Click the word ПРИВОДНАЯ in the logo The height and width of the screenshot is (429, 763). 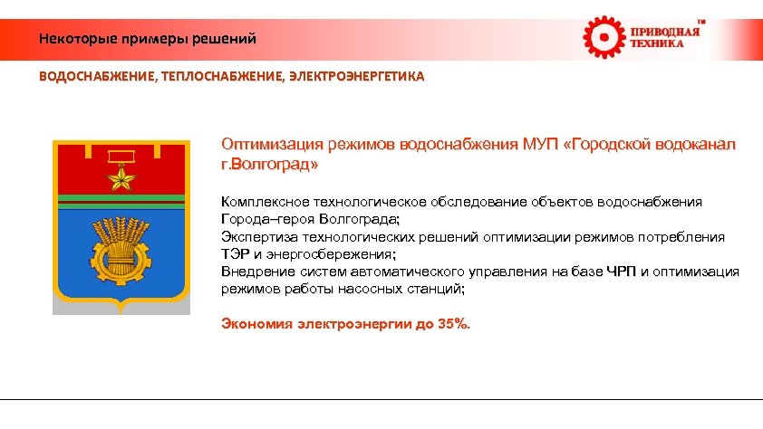(665, 32)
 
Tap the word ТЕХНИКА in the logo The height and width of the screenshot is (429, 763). (658, 44)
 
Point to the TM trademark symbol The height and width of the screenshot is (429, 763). (700, 20)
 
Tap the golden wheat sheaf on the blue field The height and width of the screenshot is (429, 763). (121, 245)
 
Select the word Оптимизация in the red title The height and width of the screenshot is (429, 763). (266, 145)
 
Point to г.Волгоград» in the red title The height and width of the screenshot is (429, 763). (270, 166)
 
